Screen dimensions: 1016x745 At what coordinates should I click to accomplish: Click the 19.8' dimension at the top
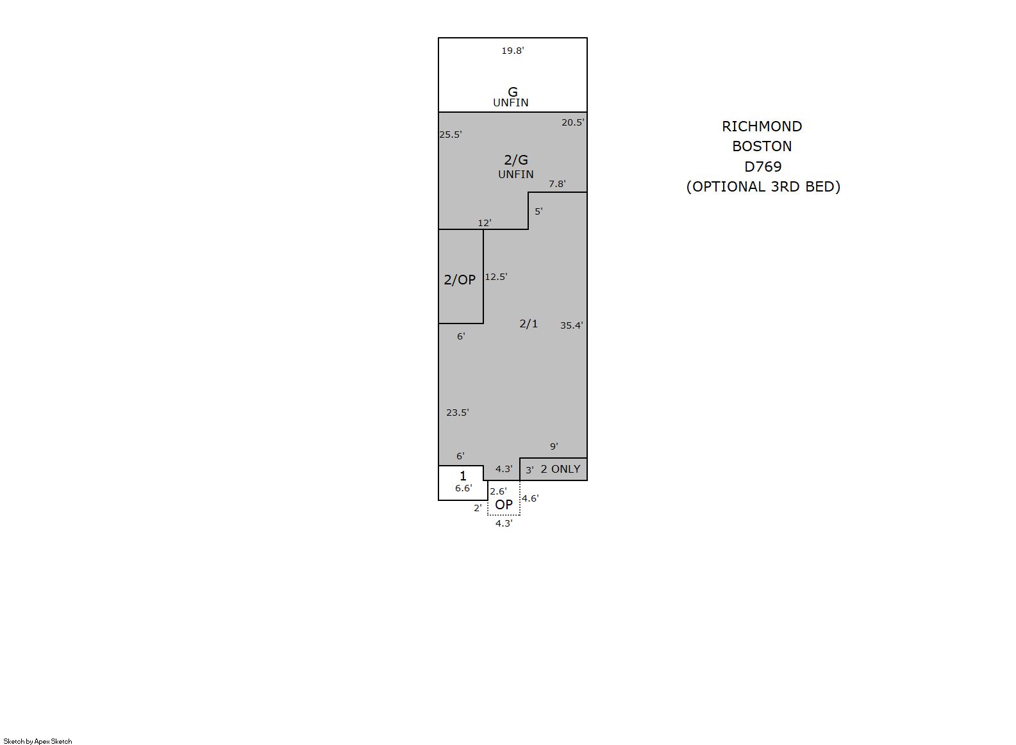(513, 51)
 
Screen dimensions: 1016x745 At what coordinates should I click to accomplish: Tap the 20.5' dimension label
(573, 122)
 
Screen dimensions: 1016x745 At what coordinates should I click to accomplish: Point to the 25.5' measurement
(451, 135)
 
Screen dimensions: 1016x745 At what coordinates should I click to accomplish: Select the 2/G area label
(516, 160)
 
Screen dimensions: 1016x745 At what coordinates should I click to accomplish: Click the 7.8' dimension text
(557, 184)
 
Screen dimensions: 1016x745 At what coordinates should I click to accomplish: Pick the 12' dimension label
(485, 223)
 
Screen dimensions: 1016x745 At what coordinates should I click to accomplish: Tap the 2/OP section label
(460, 280)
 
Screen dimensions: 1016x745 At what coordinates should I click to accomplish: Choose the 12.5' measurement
(496, 277)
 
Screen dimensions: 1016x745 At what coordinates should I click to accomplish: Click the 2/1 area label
(528, 323)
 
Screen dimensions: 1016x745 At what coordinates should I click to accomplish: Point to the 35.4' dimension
(572, 325)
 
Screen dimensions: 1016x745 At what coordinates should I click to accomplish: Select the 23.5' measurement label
(457, 413)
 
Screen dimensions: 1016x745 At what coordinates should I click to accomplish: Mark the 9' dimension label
(554, 446)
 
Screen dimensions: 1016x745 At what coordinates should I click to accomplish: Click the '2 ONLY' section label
(561, 469)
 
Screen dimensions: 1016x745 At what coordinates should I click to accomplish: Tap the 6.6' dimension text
(463, 488)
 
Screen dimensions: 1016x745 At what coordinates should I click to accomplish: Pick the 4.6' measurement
(529, 498)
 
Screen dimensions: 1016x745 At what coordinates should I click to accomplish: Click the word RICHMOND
(762, 126)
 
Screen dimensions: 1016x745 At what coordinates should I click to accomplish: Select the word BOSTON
(762, 146)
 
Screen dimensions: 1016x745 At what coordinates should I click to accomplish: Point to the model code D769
(763, 167)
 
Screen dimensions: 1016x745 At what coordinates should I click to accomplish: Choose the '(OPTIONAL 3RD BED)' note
(763, 186)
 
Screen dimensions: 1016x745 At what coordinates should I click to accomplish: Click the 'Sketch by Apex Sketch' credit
(38, 741)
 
